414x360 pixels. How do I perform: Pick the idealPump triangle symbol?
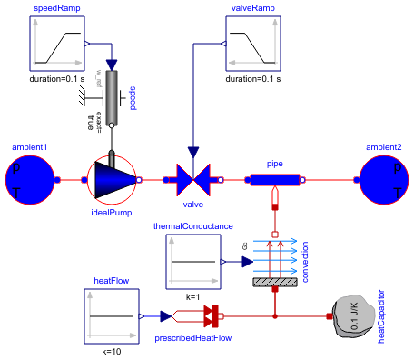pos(112,181)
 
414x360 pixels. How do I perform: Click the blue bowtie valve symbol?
pos(192,181)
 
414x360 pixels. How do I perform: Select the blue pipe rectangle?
pos(274,180)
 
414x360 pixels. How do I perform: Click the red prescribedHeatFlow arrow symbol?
pos(212,316)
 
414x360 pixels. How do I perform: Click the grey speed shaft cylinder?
pos(113,98)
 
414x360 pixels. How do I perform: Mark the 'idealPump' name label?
pos(112,214)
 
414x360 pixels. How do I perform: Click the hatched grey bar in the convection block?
pos(274,283)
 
